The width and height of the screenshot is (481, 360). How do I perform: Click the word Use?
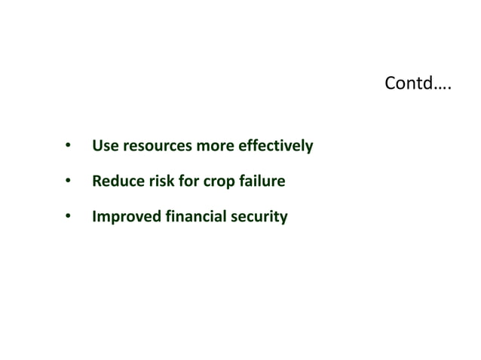tap(104, 145)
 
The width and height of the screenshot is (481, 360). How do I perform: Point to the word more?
tap(215, 145)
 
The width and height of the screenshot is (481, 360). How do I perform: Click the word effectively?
tap(275, 145)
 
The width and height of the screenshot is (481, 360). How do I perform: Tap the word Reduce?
tap(114, 182)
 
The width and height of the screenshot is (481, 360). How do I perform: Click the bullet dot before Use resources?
tap(67, 145)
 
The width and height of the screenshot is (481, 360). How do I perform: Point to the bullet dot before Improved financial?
tap(67, 218)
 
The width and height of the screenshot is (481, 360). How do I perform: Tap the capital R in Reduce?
tap(96, 182)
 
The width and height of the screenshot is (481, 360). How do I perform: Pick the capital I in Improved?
tap(93, 218)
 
